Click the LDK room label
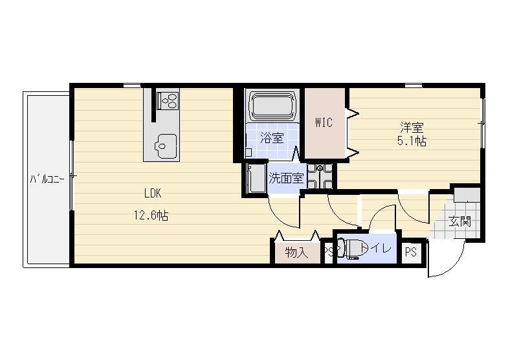click(153, 194)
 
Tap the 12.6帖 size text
click(151, 215)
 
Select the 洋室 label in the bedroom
click(412, 128)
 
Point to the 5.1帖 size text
click(412, 141)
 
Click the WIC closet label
click(324, 122)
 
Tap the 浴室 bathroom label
click(272, 138)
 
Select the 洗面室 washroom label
click(286, 178)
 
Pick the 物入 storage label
click(296, 252)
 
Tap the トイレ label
click(376, 249)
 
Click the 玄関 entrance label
click(459, 221)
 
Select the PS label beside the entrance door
click(411, 252)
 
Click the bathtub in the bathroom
click(272, 106)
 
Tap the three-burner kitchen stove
click(168, 100)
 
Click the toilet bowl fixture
click(349, 249)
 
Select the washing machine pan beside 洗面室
click(320, 176)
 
